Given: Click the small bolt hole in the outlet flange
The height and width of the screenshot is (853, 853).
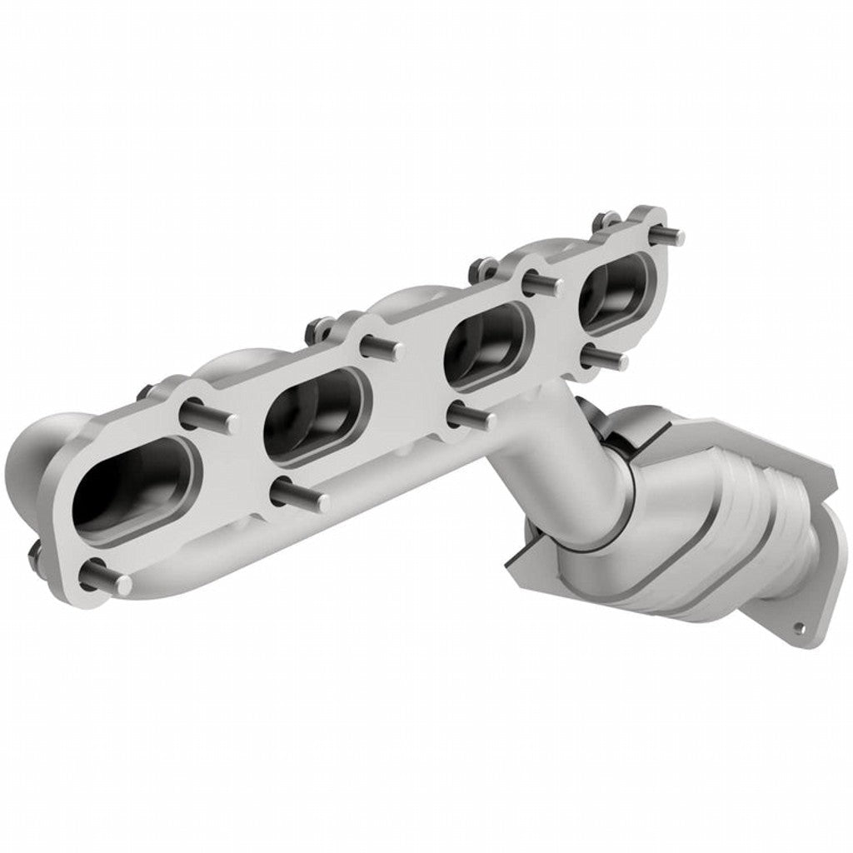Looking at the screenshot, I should click(x=801, y=625).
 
